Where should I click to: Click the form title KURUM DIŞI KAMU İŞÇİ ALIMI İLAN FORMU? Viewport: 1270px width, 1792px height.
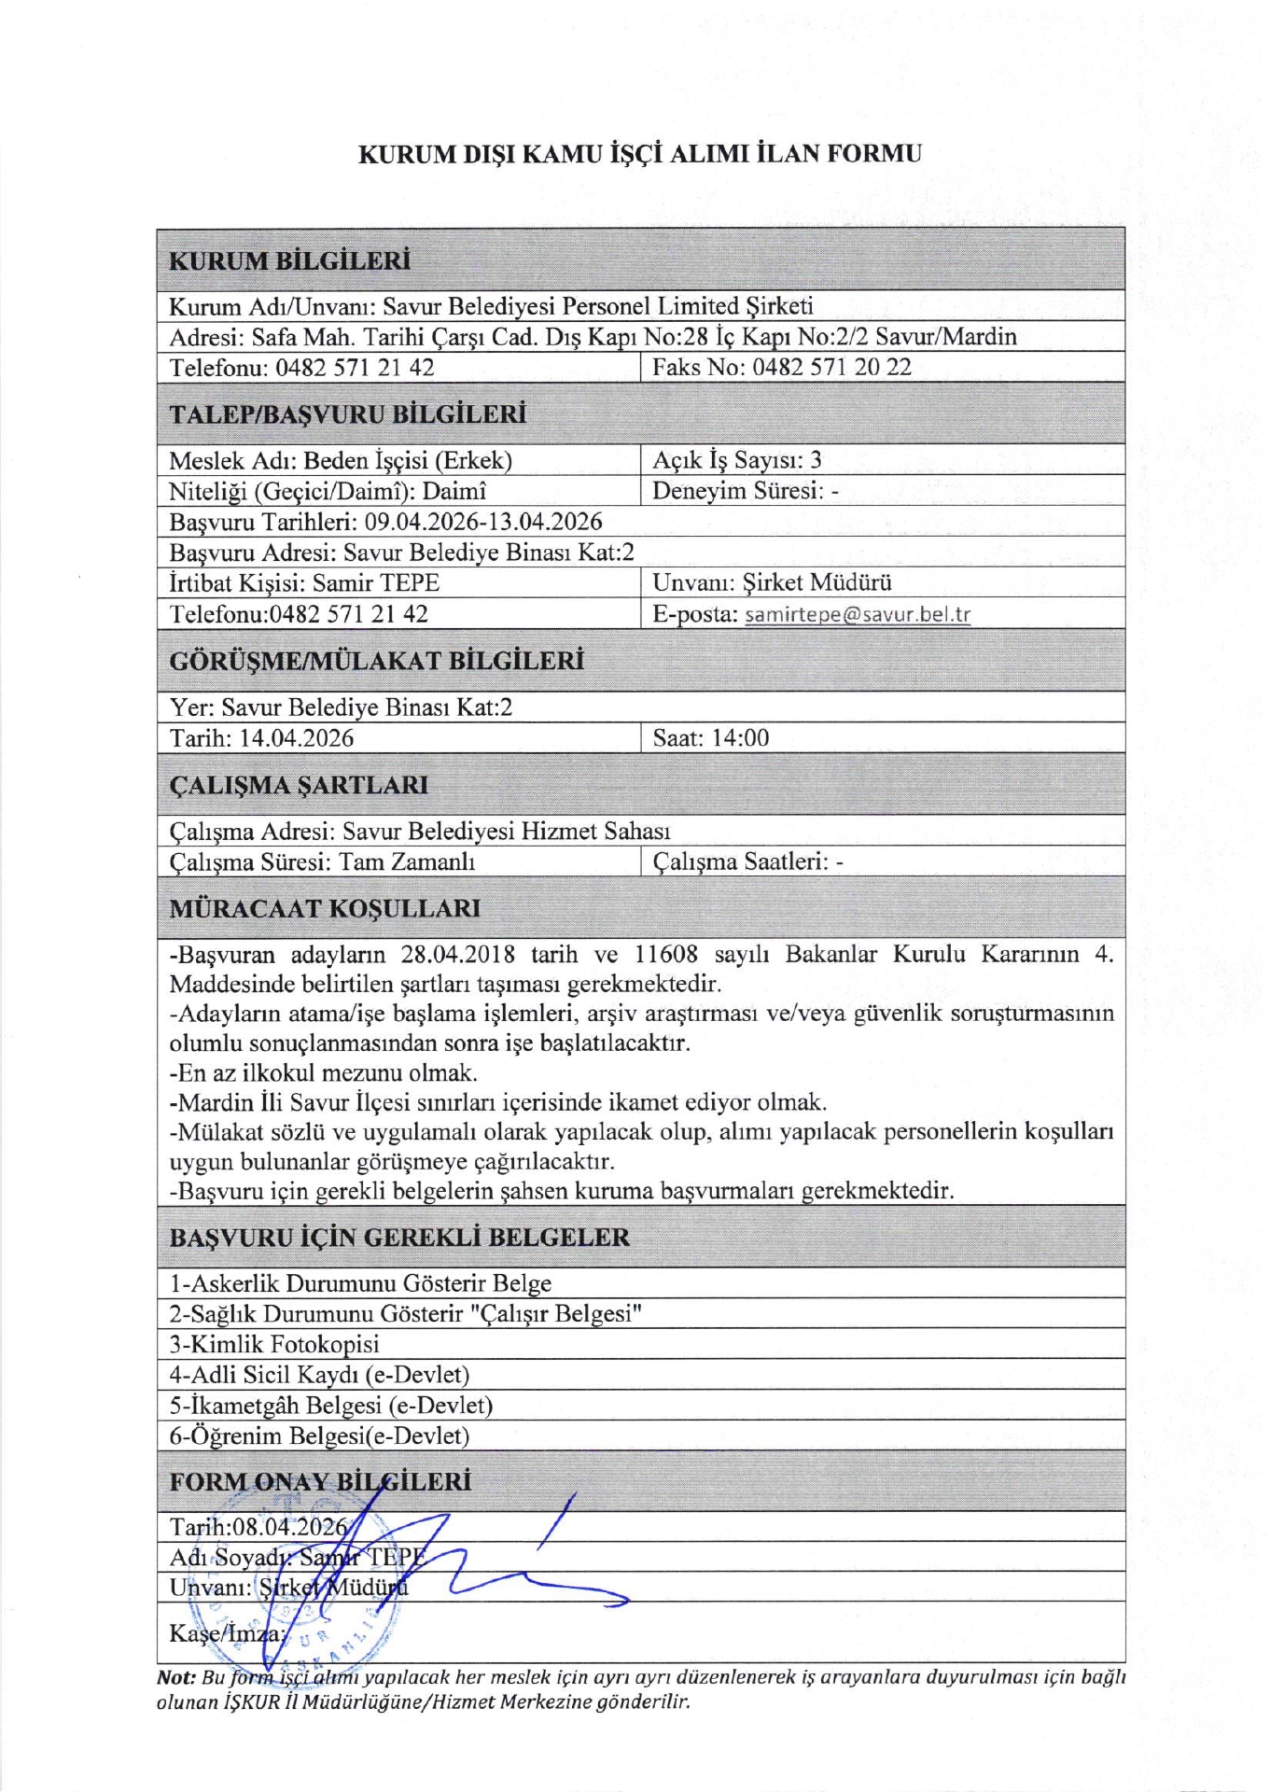640,154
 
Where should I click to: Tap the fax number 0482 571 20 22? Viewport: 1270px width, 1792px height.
831,367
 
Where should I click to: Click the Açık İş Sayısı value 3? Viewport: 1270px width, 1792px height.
816,459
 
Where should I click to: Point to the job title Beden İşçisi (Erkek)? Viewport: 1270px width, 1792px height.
408,460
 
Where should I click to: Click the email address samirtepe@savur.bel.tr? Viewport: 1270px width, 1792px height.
858,614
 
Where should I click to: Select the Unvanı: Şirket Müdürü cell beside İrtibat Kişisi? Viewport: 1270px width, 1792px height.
772,582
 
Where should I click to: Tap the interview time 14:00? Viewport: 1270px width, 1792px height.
740,737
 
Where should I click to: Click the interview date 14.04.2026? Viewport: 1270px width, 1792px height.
297,737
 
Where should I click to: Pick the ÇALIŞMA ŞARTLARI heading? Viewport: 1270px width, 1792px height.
299,785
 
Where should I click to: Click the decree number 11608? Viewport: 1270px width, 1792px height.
666,954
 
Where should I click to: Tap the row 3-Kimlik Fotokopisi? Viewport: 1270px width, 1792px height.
274,1344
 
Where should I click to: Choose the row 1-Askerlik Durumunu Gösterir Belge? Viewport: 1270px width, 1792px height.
360,1283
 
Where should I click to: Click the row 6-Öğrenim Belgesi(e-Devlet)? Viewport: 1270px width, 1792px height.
319,1435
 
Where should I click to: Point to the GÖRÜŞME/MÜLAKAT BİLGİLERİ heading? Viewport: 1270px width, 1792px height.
376,661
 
